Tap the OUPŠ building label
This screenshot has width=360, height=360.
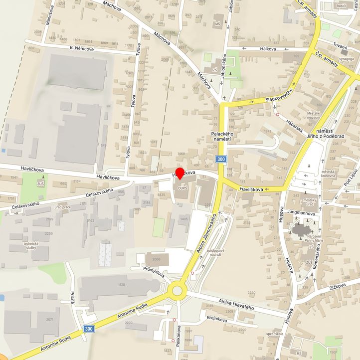pos(182,188)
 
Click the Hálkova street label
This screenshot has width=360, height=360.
pos(268,49)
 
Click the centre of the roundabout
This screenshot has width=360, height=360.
pos(177,290)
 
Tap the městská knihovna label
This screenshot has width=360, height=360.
pos(328,173)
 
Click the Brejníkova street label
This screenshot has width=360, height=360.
pos(216,318)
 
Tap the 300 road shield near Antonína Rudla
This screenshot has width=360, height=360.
pos(88,329)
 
